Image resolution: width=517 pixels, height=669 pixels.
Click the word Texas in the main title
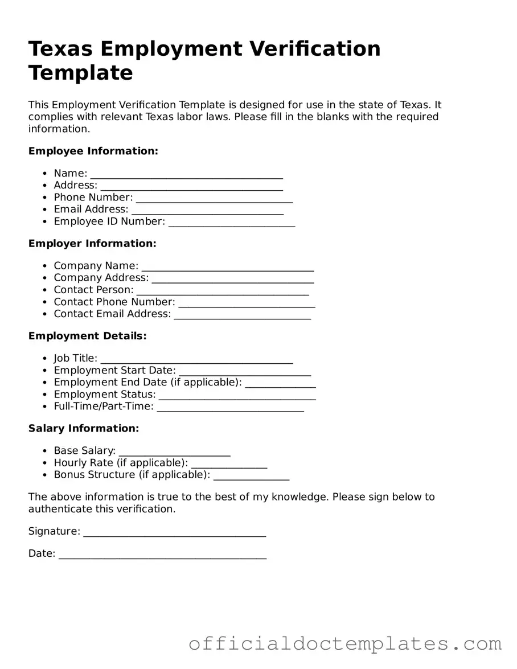(60, 49)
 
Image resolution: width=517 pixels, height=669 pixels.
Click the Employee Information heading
(93, 151)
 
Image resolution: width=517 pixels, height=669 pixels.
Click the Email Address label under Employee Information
(91, 209)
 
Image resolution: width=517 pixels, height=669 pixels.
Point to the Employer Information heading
(92, 244)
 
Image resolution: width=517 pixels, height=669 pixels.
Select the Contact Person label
(93, 290)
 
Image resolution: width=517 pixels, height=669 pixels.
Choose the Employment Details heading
(87, 336)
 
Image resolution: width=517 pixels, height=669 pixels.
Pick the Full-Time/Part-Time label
(104, 406)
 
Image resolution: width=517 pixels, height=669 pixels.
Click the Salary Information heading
(84, 428)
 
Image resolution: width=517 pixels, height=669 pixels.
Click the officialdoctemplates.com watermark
(345, 644)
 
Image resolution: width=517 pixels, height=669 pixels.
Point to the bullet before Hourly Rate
(45, 463)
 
